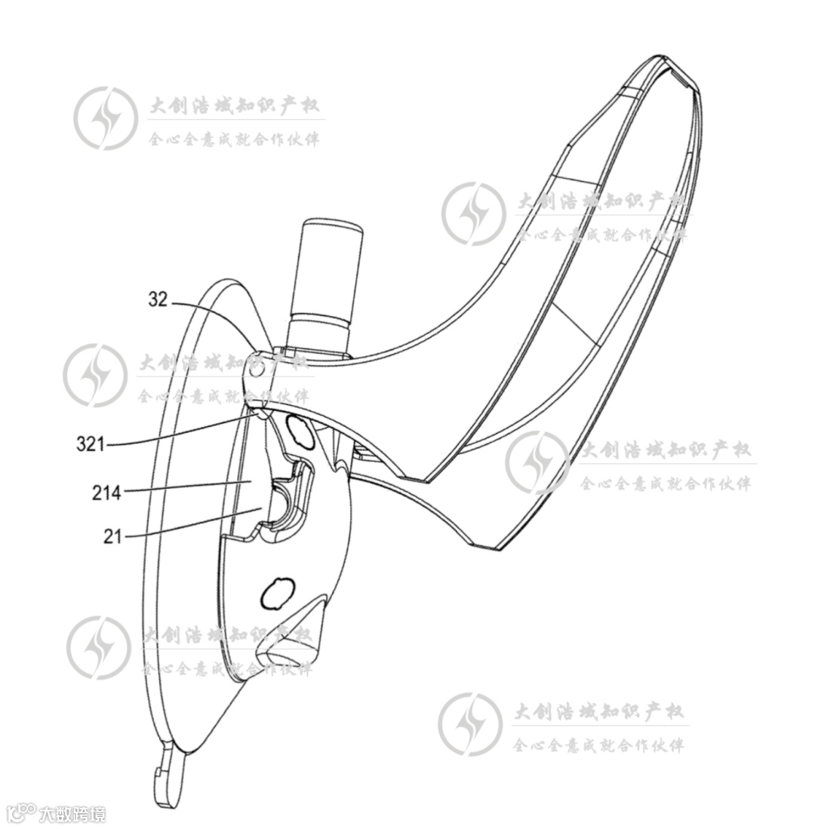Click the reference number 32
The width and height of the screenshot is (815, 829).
(158, 299)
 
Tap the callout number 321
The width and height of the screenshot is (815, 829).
(90, 444)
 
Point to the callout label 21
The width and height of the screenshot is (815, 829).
(112, 536)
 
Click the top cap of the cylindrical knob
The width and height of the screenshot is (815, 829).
(331, 226)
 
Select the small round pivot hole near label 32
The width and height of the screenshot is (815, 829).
(256, 370)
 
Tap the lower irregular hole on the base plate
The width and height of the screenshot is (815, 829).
(275, 594)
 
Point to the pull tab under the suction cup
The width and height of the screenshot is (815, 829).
(168, 777)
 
